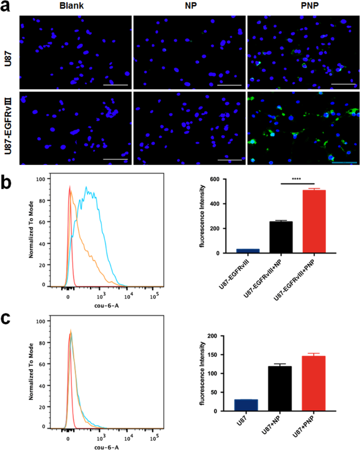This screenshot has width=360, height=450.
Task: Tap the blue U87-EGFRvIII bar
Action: [248, 250]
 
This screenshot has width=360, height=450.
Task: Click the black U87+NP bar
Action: [281, 388]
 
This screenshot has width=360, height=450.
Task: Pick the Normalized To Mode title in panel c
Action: [31, 371]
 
